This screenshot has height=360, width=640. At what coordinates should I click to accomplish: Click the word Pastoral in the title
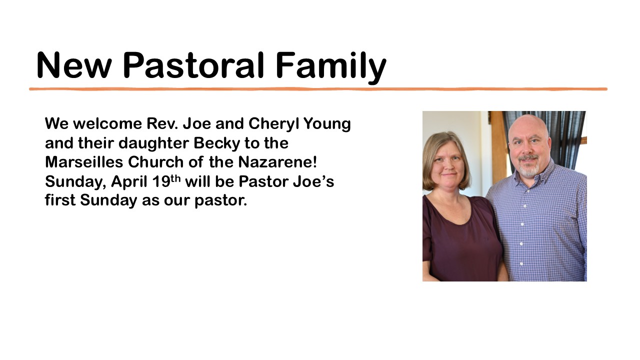click(193, 65)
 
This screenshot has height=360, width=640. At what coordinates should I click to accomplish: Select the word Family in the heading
click(331, 67)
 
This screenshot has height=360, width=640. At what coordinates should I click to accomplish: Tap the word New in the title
click(73, 65)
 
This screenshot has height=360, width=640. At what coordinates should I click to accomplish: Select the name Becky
click(217, 143)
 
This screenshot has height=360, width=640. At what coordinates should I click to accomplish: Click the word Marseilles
click(83, 162)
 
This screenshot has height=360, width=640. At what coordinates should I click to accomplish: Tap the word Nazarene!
click(277, 162)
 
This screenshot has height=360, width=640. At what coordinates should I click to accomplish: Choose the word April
click(129, 182)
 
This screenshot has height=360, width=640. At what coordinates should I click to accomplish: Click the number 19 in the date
click(161, 181)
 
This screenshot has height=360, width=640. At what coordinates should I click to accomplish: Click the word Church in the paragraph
click(155, 162)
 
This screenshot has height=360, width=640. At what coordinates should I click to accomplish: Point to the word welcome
click(107, 123)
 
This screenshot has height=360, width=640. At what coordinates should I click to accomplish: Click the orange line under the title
click(318, 89)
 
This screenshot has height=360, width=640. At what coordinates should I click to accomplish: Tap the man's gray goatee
click(528, 169)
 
